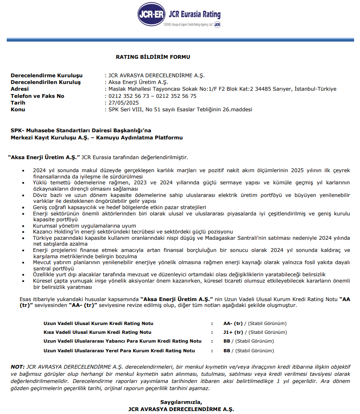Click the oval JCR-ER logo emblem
(152, 14)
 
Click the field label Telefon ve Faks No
(37, 96)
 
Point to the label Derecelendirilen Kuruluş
(45, 82)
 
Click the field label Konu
(18, 109)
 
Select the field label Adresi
(20, 89)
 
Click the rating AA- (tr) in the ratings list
(233, 323)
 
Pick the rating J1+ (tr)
(233, 332)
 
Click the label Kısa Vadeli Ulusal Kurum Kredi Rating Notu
(97, 332)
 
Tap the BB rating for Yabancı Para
(227, 341)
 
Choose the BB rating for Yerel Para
(227, 350)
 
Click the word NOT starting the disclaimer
(17, 367)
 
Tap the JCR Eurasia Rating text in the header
(194, 14)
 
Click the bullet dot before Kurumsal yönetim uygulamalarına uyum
(23, 226)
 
